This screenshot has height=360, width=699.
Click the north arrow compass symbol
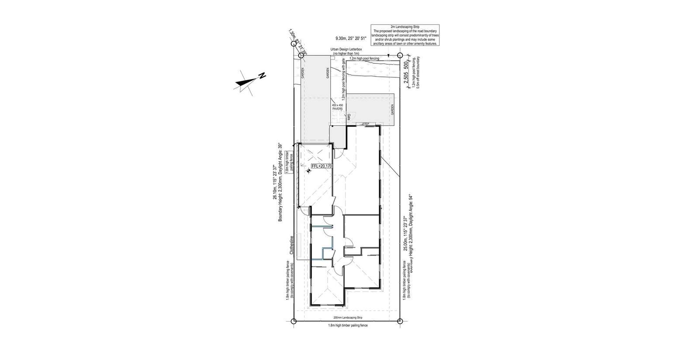click(x=248, y=82)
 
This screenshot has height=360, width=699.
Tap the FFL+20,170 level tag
click(x=322, y=166)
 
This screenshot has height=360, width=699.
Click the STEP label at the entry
click(x=366, y=125)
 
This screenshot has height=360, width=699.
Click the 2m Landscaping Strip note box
click(x=405, y=35)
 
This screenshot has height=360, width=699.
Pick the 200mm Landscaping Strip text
click(x=348, y=318)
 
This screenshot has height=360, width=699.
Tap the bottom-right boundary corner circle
click(x=400, y=322)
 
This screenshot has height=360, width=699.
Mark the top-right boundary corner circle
click(x=400, y=55)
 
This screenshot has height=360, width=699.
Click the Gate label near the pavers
click(x=349, y=117)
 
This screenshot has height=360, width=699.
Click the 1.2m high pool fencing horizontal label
click(x=364, y=58)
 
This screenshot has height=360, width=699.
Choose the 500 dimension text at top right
click(x=406, y=66)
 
